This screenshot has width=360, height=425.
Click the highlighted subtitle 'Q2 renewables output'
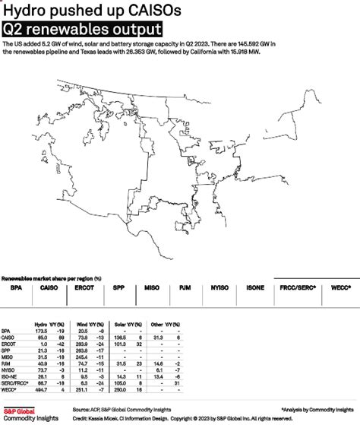83,30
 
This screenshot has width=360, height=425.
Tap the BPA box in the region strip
17,289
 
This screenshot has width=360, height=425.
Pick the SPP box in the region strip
119,289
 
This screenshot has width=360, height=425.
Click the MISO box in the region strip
151,289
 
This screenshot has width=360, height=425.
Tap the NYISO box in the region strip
219,289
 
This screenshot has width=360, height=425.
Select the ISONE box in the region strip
254,289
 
